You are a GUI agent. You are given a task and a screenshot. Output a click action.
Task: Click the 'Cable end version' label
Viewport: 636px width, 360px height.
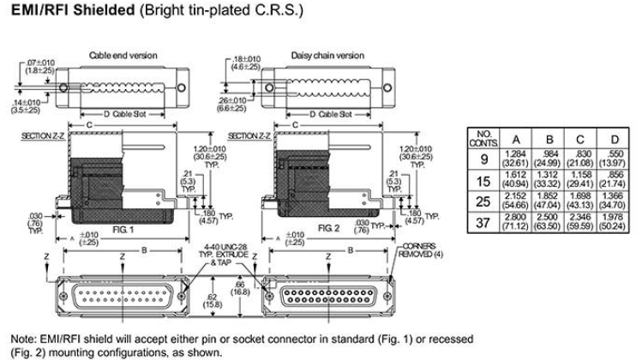123,55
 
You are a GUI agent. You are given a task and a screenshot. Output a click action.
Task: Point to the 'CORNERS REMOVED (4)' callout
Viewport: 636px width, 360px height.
420,250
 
